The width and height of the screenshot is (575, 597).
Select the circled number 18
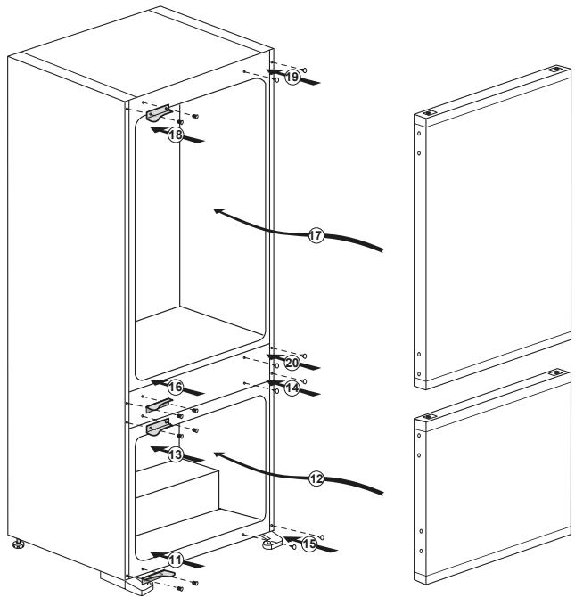176,135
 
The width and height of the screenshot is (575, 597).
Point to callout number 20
292,363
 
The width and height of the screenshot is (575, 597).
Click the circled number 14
292,388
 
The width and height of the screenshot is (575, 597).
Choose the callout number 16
175,388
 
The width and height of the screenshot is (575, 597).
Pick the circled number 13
176,454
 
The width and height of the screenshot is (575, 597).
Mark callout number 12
315,478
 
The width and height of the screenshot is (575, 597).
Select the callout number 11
176,560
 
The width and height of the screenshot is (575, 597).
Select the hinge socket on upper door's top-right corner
556,68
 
